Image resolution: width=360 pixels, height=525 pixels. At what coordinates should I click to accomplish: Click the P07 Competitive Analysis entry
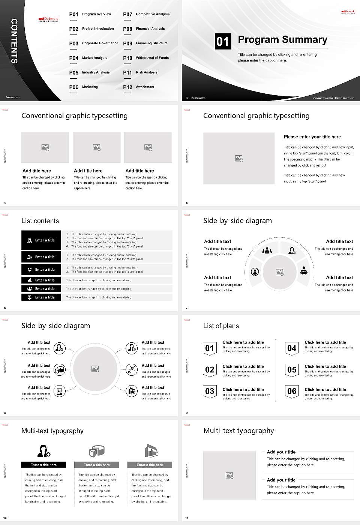click(x=146, y=14)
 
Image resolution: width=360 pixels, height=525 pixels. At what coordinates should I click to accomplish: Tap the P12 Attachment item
click(x=139, y=87)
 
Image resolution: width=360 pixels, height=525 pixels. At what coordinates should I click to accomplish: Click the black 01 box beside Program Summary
click(x=223, y=41)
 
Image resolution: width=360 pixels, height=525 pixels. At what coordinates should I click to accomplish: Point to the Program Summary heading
click(x=282, y=40)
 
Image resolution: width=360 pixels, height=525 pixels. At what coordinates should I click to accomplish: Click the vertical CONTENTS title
click(x=14, y=41)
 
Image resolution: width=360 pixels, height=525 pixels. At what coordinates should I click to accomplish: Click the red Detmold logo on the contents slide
click(x=48, y=19)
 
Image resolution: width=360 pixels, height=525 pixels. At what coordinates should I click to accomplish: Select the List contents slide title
click(x=40, y=221)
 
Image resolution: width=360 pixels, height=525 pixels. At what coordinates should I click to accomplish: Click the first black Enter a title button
click(x=41, y=240)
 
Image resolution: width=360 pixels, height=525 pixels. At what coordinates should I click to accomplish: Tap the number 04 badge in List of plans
click(x=292, y=348)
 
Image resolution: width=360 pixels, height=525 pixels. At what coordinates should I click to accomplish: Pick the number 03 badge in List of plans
click(x=210, y=391)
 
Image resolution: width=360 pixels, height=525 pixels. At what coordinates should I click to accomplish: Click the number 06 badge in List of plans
click(x=292, y=391)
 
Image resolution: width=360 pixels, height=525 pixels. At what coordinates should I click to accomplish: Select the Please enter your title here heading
click(x=312, y=137)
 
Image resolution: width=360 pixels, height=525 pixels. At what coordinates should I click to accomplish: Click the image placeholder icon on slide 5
click(x=239, y=159)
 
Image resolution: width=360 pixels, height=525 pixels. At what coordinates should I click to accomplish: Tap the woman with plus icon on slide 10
click(x=43, y=451)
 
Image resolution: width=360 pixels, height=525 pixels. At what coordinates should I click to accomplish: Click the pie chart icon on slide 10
click(x=97, y=451)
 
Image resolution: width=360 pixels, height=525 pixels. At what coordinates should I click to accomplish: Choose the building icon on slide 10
click(x=150, y=451)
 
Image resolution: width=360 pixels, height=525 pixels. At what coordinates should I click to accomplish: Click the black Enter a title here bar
click(x=43, y=465)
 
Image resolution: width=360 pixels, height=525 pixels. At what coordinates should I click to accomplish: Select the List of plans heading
click(x=221, y=326)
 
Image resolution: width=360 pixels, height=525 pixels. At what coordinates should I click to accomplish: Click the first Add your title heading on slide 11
click(x=281, y=452)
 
